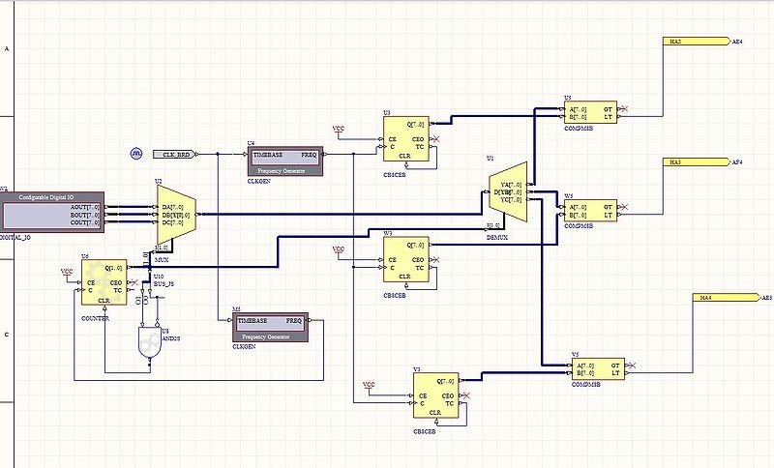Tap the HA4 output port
click(x=726, y=298)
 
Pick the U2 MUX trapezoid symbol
click(x=176, y=214)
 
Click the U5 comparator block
click(x=591, y=113)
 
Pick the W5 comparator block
click(x=591, y=211)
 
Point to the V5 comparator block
click(x=599, y=369)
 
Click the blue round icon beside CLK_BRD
click(x=136, y=154)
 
